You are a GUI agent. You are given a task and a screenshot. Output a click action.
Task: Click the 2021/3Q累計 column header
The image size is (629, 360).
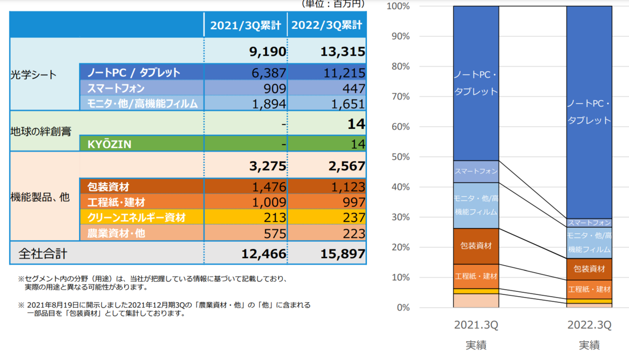tap(245, 25)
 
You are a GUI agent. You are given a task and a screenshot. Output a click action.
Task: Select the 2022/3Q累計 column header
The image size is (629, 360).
tap(327, 25)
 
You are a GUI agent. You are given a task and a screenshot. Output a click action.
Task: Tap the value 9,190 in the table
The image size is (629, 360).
tap(268, 51)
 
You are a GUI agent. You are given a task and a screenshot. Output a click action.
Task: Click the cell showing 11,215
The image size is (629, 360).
tap(344, 73)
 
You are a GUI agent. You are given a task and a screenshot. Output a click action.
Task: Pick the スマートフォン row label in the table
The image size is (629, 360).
tap(116, 89)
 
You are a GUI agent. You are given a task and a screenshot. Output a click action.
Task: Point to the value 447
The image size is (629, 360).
tap(353, 89)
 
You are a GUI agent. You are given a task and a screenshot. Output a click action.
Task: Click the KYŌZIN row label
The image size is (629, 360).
tap(109, 144)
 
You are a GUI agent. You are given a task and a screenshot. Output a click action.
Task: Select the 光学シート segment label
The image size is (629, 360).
tap(34, 75)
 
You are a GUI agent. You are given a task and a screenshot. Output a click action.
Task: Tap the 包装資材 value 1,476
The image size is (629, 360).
tap(269, 187)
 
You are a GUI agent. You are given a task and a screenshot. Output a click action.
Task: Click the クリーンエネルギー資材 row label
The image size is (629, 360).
tap(136, 217)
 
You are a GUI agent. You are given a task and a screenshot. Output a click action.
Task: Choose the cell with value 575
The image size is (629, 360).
tap(275, 234)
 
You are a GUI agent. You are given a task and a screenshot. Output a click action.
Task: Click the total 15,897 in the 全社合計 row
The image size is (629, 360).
tap(343, 254)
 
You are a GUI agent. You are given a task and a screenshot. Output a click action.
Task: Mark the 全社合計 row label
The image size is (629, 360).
tap(42, 254)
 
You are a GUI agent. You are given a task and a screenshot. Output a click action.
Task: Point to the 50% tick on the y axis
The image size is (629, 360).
tap(400, 157)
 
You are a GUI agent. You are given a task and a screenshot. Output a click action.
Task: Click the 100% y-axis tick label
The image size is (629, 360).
tap(398, 6)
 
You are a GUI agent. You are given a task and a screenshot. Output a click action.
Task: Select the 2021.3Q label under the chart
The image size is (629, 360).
tap(476, 325)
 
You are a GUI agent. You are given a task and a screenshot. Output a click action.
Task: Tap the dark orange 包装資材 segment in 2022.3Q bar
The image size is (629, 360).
tap(589, 269)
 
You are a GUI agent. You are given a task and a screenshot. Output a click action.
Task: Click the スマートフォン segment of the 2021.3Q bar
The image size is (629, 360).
tap(476, 171)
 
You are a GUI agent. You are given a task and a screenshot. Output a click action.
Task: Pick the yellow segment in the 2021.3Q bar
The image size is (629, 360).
tap(476, 291)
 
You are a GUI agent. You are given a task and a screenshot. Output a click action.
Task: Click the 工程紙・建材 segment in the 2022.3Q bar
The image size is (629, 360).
tap(589, 289)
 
